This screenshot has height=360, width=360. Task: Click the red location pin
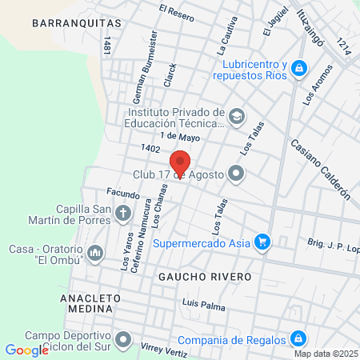click(181, 163)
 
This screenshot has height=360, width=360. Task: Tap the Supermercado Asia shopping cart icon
click(261, 240)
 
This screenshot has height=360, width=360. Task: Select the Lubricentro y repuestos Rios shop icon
click(298, 69)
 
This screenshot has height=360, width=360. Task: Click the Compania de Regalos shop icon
click(298, 338)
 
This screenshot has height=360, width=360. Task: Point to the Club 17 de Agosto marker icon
click(236, 173)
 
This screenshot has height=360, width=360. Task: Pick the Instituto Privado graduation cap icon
click(236, 117)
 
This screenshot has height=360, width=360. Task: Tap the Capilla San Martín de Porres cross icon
click(122, 213)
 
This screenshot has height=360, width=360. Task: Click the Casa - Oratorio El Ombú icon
click(95, 254)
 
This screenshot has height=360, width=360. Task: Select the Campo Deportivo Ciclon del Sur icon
click(122, 340)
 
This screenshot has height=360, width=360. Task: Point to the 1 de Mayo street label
click(179, 138)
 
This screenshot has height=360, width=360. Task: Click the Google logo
click(26, 350)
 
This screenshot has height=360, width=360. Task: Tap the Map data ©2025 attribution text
click(326, 354)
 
